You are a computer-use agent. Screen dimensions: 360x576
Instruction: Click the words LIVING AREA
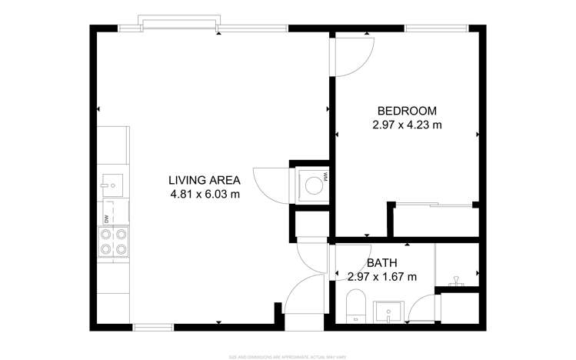205,180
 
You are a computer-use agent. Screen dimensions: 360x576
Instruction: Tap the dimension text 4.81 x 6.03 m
205,195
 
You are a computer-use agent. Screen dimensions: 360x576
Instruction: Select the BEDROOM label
406,110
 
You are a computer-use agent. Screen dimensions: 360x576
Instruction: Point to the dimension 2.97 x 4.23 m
406,124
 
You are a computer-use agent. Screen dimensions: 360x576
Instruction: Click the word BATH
381,262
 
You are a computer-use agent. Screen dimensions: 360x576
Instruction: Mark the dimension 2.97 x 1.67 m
381,276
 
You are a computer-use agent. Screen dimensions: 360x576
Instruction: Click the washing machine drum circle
313,185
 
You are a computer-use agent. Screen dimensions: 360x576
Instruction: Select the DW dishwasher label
106,220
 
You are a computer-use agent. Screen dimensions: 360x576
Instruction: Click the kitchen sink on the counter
112,184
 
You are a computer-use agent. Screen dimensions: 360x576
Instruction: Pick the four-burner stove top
114,242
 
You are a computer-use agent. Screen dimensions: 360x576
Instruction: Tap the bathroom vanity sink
389,312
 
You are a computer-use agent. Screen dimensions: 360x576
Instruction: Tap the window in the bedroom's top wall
436,28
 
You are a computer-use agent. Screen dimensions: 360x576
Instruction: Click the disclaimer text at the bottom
288,356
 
